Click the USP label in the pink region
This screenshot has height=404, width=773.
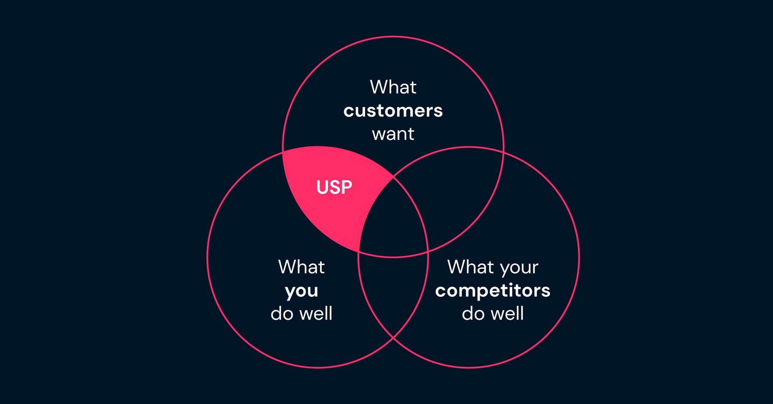(334, 187)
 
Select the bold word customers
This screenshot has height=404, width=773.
(393, 111)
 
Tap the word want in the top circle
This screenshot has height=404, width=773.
(393, 134)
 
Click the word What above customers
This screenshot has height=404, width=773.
(393, 87)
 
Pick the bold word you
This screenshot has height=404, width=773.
(301, 291)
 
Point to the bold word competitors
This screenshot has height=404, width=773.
(493, 291)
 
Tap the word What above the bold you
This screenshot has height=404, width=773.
(301, 267)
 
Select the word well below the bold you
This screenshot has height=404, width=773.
(316, 313)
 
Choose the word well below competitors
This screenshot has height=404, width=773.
(508, 313)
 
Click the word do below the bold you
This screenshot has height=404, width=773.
(282, 313)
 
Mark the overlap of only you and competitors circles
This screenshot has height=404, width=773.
(393, 292)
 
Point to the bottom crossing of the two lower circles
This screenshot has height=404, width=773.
(393, 338)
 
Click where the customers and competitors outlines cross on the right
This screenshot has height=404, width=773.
(503, 151)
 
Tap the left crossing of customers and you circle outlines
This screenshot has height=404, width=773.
(283, 151)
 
